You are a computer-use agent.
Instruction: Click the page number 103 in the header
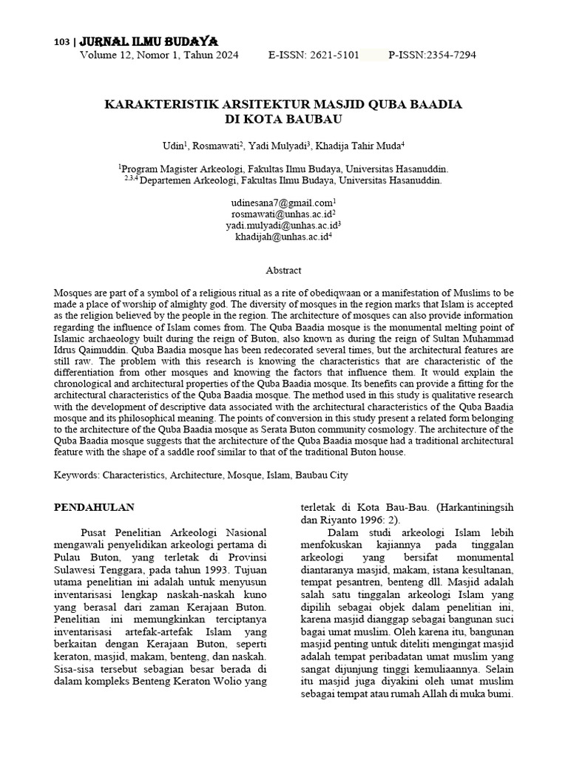point(61,43)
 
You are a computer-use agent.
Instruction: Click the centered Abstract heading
point(284,271)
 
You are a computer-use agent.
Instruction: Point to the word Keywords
point(77,475)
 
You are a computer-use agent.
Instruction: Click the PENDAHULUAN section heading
point(95,508)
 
